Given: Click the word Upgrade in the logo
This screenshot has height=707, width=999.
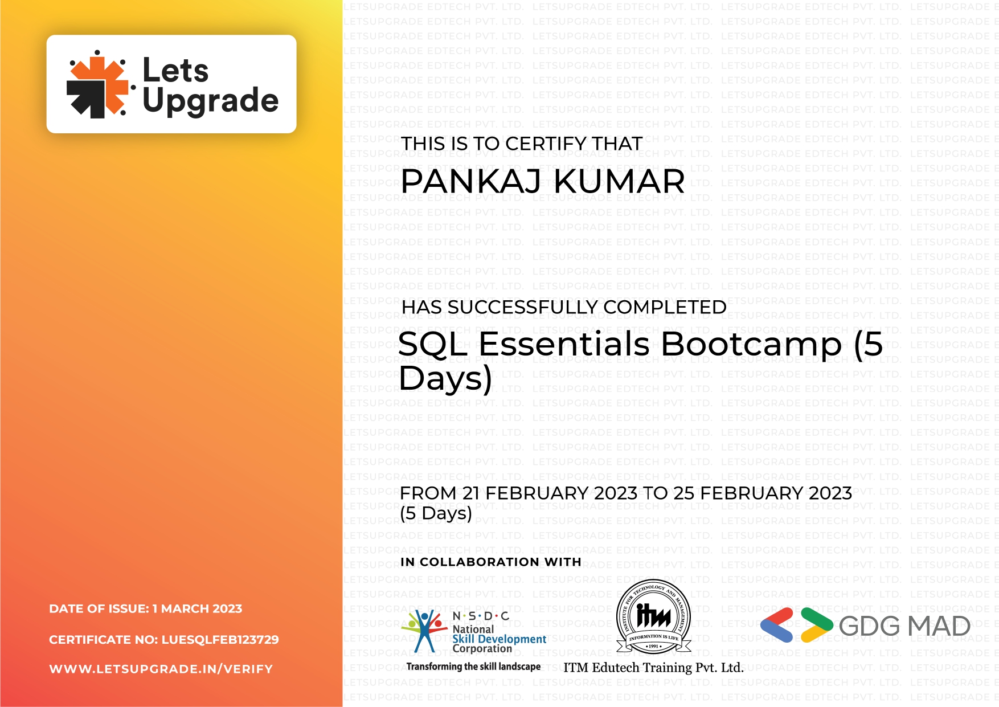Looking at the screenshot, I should click(210, 101).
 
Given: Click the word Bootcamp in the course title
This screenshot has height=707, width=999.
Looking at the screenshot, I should click(751, 344).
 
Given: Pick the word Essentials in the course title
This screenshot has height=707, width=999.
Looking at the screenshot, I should click(564, 344).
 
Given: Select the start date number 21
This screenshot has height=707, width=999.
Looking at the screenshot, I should click(471, 493).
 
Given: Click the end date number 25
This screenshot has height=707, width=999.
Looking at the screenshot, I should click(683, 493).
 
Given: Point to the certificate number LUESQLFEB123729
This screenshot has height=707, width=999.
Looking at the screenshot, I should click(220, 639).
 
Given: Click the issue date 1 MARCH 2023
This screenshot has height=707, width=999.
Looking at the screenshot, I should click(197, 608).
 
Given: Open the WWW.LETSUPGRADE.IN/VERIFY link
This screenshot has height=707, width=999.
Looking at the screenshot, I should click(161, 669).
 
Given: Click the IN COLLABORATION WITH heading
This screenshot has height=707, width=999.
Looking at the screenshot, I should click(490, 562).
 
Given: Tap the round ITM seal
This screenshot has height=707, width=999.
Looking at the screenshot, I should click(653, 616).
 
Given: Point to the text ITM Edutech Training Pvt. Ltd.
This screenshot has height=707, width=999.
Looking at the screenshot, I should click(653, 668).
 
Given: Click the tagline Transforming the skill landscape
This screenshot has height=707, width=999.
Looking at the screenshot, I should click(473, 667).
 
